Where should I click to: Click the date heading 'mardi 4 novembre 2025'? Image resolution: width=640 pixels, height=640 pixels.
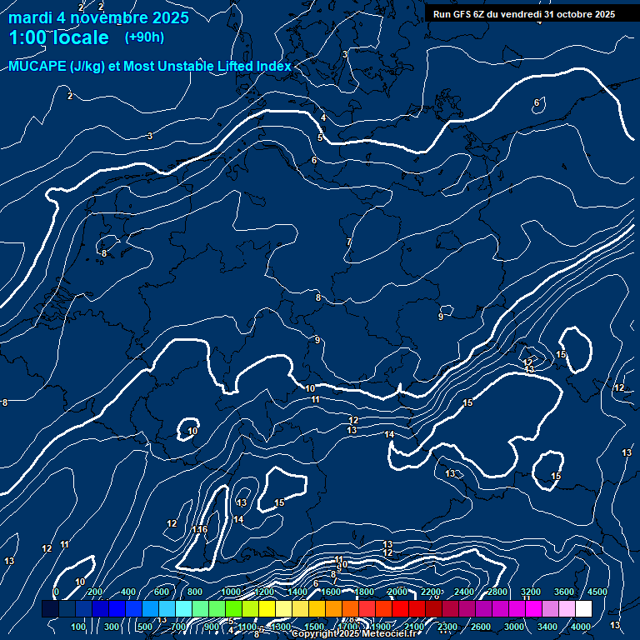[x=98, y=17]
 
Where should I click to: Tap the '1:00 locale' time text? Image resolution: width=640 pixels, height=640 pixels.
[x=58, y=37]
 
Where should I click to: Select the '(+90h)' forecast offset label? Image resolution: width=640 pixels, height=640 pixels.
[x=144, y=37]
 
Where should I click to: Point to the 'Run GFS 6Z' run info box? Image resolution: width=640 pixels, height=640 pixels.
[x=523, y=13]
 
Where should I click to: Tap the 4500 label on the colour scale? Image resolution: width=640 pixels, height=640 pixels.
[x=597, y=592]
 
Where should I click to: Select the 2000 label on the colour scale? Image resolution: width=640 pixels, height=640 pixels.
[x=397, y=592]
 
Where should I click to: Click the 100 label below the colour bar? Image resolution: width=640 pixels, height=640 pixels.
[x=78, y=627]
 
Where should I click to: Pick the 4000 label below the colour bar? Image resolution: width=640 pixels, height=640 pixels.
[x=581, y=627]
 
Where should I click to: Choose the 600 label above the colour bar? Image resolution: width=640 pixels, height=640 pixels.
[x=162, y=592]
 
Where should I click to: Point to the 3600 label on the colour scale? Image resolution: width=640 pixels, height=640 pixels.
[x=564, y=592]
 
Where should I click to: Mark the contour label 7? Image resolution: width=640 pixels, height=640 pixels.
[x=349, y=242]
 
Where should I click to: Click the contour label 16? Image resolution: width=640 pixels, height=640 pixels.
[x=202, y=529]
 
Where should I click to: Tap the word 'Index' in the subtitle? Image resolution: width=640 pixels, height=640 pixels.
[x=272, y=67]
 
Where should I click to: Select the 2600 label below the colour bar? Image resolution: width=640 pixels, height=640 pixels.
[x=481, y=627]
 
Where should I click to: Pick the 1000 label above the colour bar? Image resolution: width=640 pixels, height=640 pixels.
[x=230, y=592]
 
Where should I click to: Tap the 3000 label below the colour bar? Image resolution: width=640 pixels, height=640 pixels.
[x=514, y=627]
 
